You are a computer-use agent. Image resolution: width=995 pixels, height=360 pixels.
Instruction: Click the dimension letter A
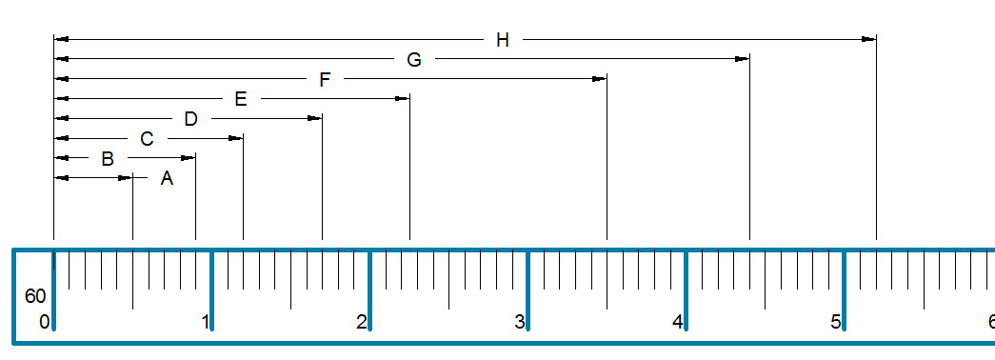pos(167,178)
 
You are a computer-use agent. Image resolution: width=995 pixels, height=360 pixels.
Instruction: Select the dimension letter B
pos(108,158)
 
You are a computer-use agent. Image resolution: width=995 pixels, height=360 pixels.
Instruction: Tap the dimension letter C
pos(147,139)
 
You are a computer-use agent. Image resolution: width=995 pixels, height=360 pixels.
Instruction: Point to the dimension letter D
pos(190,119)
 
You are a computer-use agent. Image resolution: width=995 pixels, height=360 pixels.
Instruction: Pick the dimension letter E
pos(240,99)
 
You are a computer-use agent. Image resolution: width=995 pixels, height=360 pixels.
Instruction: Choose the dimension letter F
pos(325,80)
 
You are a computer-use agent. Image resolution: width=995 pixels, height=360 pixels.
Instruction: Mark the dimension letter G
pos(414,60)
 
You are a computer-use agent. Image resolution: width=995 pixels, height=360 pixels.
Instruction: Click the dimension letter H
pos(503,40)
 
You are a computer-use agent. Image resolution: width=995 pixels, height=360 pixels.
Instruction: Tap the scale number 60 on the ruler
pos(35,296)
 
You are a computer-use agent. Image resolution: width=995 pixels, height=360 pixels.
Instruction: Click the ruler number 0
pos(44,322)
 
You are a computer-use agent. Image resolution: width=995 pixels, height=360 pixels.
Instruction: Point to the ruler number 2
pos(362,322)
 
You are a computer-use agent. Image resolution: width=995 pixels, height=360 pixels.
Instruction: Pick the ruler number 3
pos(520,322)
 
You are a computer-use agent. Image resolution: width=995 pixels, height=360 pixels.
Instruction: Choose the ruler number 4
pos(678,322)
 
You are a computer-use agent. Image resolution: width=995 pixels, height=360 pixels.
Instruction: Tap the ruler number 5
pos(836,322)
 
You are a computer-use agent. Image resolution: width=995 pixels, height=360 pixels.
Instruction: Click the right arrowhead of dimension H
pos(868,39)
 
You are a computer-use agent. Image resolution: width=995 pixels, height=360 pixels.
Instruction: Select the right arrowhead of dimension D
pos(314,118)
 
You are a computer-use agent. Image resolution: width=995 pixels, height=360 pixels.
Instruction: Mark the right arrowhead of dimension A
pos(125,178)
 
